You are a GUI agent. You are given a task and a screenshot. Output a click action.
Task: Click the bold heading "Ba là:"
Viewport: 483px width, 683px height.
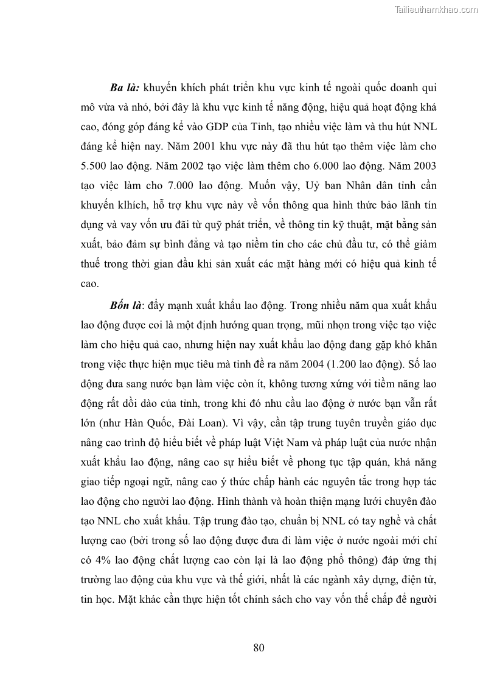click(126, 88)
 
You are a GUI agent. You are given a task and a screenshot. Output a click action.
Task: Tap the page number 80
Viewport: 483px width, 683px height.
click(259, 647)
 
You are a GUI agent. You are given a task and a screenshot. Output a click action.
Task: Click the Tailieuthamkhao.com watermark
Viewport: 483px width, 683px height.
click(437, 9)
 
